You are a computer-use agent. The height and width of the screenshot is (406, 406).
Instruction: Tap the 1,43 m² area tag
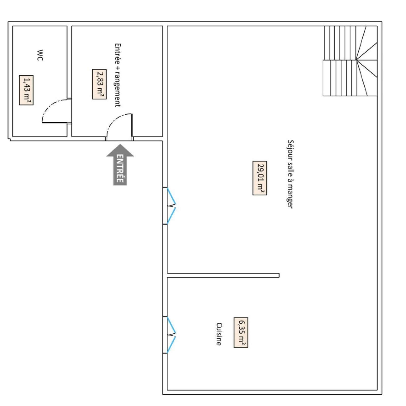click(26, 90)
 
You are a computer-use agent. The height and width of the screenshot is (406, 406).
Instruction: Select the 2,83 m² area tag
click(99, 84)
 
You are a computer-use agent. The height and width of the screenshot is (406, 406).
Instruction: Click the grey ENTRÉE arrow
click(120, 164)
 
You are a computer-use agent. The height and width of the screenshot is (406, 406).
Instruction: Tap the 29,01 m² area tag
click(260, 178)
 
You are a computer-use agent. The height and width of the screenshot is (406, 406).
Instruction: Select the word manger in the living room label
click(290, 198)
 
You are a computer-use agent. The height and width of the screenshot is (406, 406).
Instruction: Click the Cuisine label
click(219, 334)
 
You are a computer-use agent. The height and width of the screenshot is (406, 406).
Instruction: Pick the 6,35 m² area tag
click(241, 332)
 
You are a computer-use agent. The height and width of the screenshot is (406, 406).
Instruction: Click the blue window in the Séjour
click(171, 206)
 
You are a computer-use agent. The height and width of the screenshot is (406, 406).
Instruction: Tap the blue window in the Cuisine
click(171, 335)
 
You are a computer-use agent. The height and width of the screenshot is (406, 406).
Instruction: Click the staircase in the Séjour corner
click(350, 61)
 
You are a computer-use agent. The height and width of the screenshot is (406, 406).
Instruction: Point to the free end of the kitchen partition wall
click(279, 275)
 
